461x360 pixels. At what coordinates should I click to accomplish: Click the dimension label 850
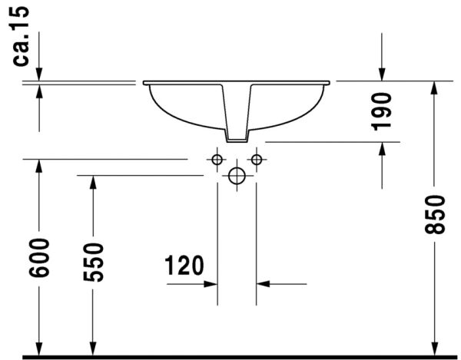point(435,214)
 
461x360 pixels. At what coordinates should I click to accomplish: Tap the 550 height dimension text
point(93,262)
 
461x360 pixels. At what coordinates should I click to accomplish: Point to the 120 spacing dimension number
point(184,266)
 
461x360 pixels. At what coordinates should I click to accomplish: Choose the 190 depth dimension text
point(382,110)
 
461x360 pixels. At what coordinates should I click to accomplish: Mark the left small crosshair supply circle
point(217,160)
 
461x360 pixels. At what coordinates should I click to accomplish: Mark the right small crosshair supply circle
point(257,160)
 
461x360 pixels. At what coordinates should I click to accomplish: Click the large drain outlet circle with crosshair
point(237,176)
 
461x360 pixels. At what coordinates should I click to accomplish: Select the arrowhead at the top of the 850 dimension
point(435,87)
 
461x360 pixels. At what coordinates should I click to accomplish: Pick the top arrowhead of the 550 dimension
point(93,182)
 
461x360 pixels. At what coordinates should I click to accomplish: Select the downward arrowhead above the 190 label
point(382,74)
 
